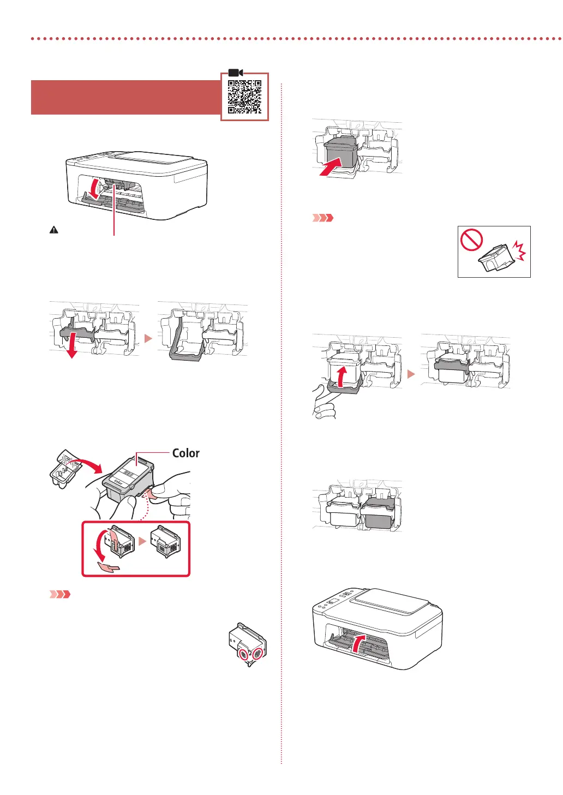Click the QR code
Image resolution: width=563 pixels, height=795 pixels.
244,97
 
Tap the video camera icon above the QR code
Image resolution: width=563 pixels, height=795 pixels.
235,73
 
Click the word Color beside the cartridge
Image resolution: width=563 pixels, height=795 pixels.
185,453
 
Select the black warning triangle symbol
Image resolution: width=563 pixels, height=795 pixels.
53,230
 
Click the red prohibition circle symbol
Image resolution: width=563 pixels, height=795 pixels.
471,240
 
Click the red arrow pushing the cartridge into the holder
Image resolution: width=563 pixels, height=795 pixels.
332,166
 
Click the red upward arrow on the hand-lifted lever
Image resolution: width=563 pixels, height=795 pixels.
340,376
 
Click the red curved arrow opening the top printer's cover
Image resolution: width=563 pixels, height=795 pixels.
95,189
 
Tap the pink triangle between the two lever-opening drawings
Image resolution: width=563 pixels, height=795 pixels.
148,338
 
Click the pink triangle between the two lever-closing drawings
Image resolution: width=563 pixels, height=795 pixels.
411,374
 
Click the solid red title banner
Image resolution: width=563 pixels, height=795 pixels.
125,97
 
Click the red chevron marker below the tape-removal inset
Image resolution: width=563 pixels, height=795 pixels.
60,594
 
